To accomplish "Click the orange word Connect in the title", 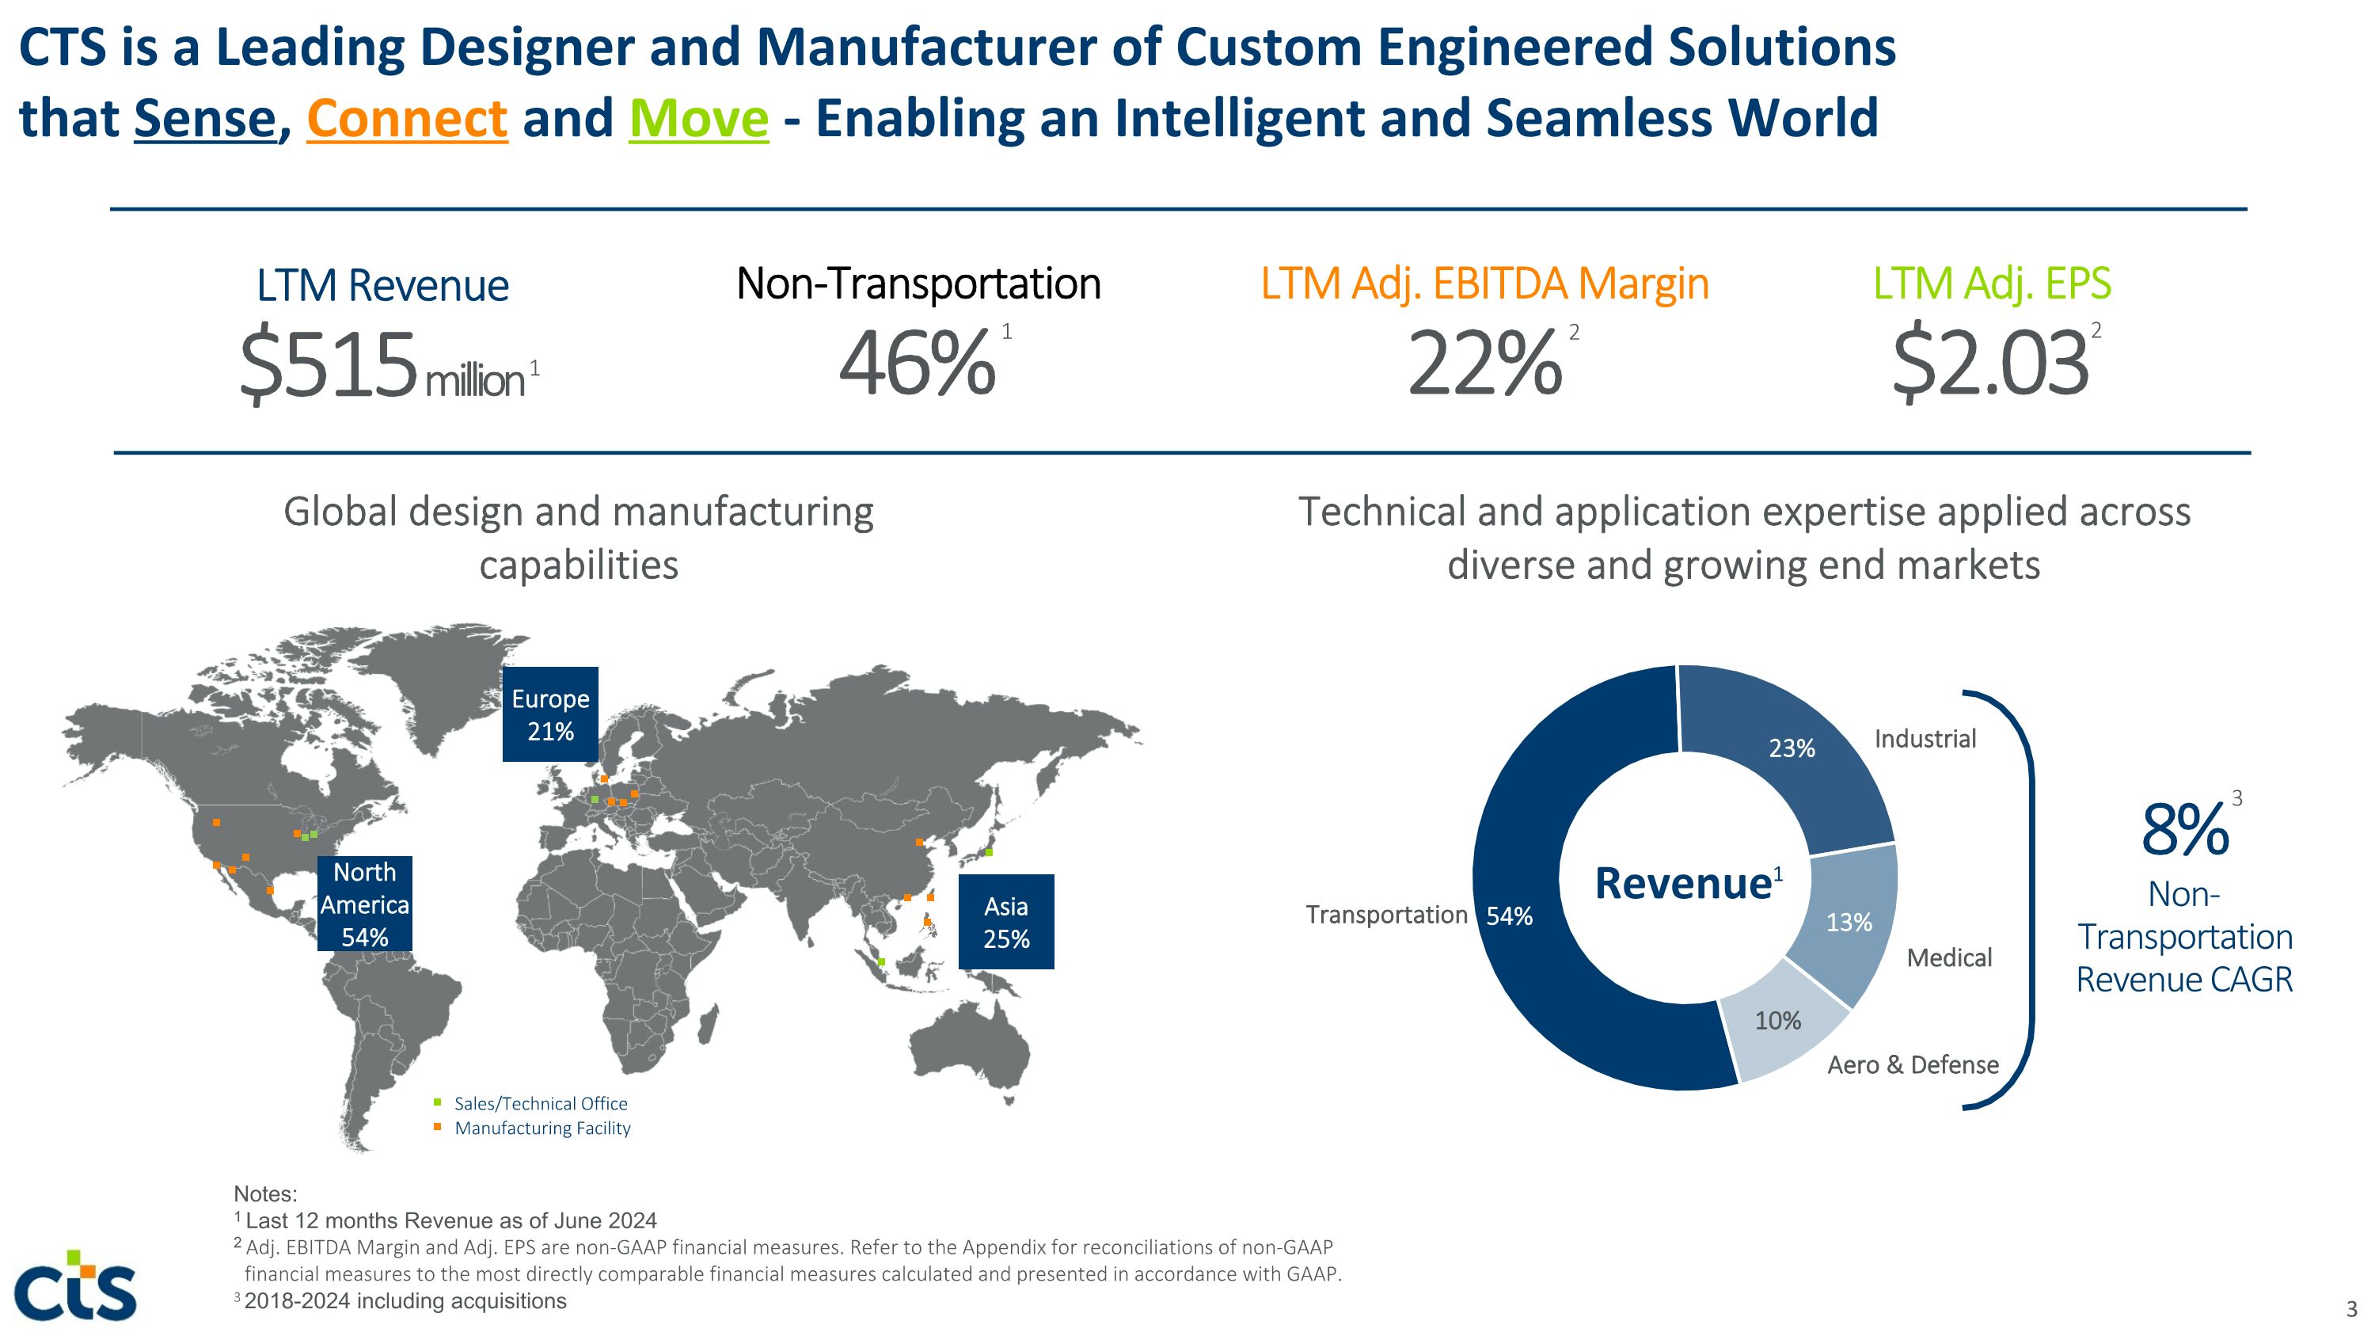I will click(x=407, y=119).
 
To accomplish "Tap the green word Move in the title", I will click(x=698, y=119).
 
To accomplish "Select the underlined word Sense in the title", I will click(x=205, y=119).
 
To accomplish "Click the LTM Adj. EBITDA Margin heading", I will click(x=1484, y=284).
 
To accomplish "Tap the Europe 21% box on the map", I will click(x=550, y=714).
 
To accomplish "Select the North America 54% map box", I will click(x=364, y=904).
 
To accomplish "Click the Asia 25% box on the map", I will click(x=1006, y=922).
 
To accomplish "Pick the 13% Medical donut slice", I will click(x=1849, y=922).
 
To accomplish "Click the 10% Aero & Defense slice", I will click(x=1776, y=1021).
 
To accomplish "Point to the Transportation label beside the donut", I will click(x=1385, y=915).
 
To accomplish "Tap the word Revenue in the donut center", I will click(x=1682, y=883).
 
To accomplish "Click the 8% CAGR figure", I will click(x=2184, y=831).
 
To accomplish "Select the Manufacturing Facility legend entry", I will click(x=542, y=1128).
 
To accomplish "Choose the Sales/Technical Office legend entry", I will click(x=540, y=1104).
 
